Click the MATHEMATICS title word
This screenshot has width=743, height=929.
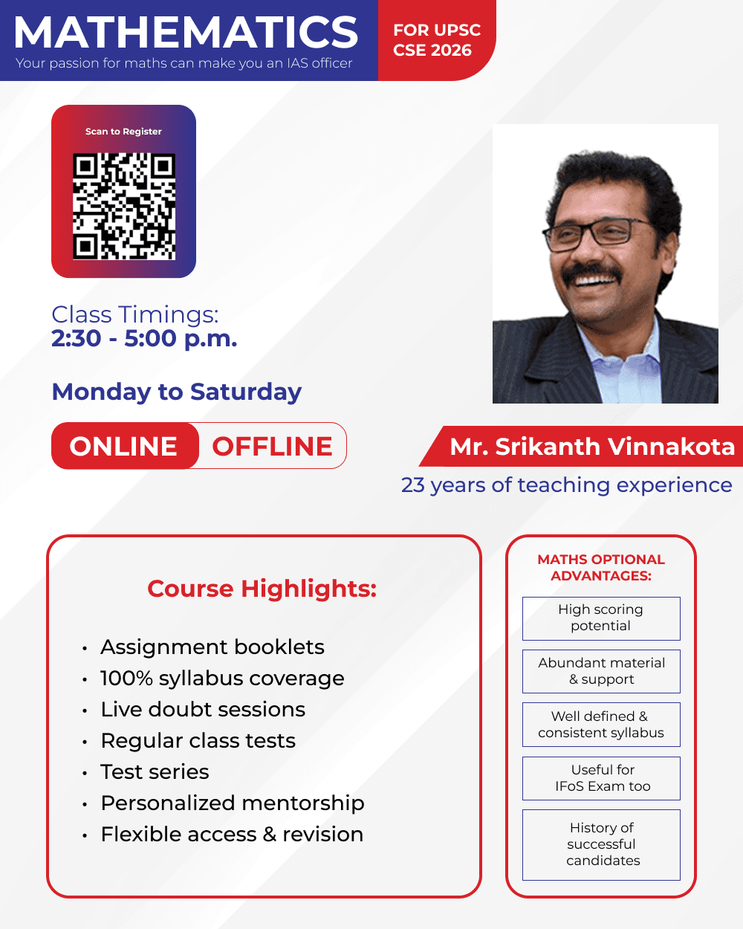[x=186, y=33]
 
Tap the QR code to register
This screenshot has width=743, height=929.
[x=124, y=207]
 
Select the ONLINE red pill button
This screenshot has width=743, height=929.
[x=125, y=446]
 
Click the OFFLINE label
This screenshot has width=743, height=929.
[x=272, y=447]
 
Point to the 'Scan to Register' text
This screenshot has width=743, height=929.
[x=123, y=132]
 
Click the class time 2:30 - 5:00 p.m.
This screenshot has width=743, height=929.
[x=144, y=338]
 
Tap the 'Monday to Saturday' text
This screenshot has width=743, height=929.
[x=177, y=392]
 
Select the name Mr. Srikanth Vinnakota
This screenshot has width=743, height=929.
[x=592, y=447]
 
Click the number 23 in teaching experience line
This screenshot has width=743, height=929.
[x=412, y=485]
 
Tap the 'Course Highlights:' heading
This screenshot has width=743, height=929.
[x=262, y=589]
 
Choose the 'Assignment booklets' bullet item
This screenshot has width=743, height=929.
[x=212, y=647]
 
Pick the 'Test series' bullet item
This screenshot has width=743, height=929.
[x=155, y=771]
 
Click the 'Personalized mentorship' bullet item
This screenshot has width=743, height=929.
[x=233, y=803]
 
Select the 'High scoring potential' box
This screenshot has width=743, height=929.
[x=601, y=618]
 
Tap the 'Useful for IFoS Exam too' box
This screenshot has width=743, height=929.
[x=601, y=778]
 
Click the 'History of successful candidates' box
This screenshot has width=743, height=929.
[x=601, y=845]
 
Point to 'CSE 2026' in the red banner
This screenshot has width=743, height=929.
[x=432, y=50]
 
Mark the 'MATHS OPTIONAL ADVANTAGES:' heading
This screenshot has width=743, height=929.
[x=601, y=568]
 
